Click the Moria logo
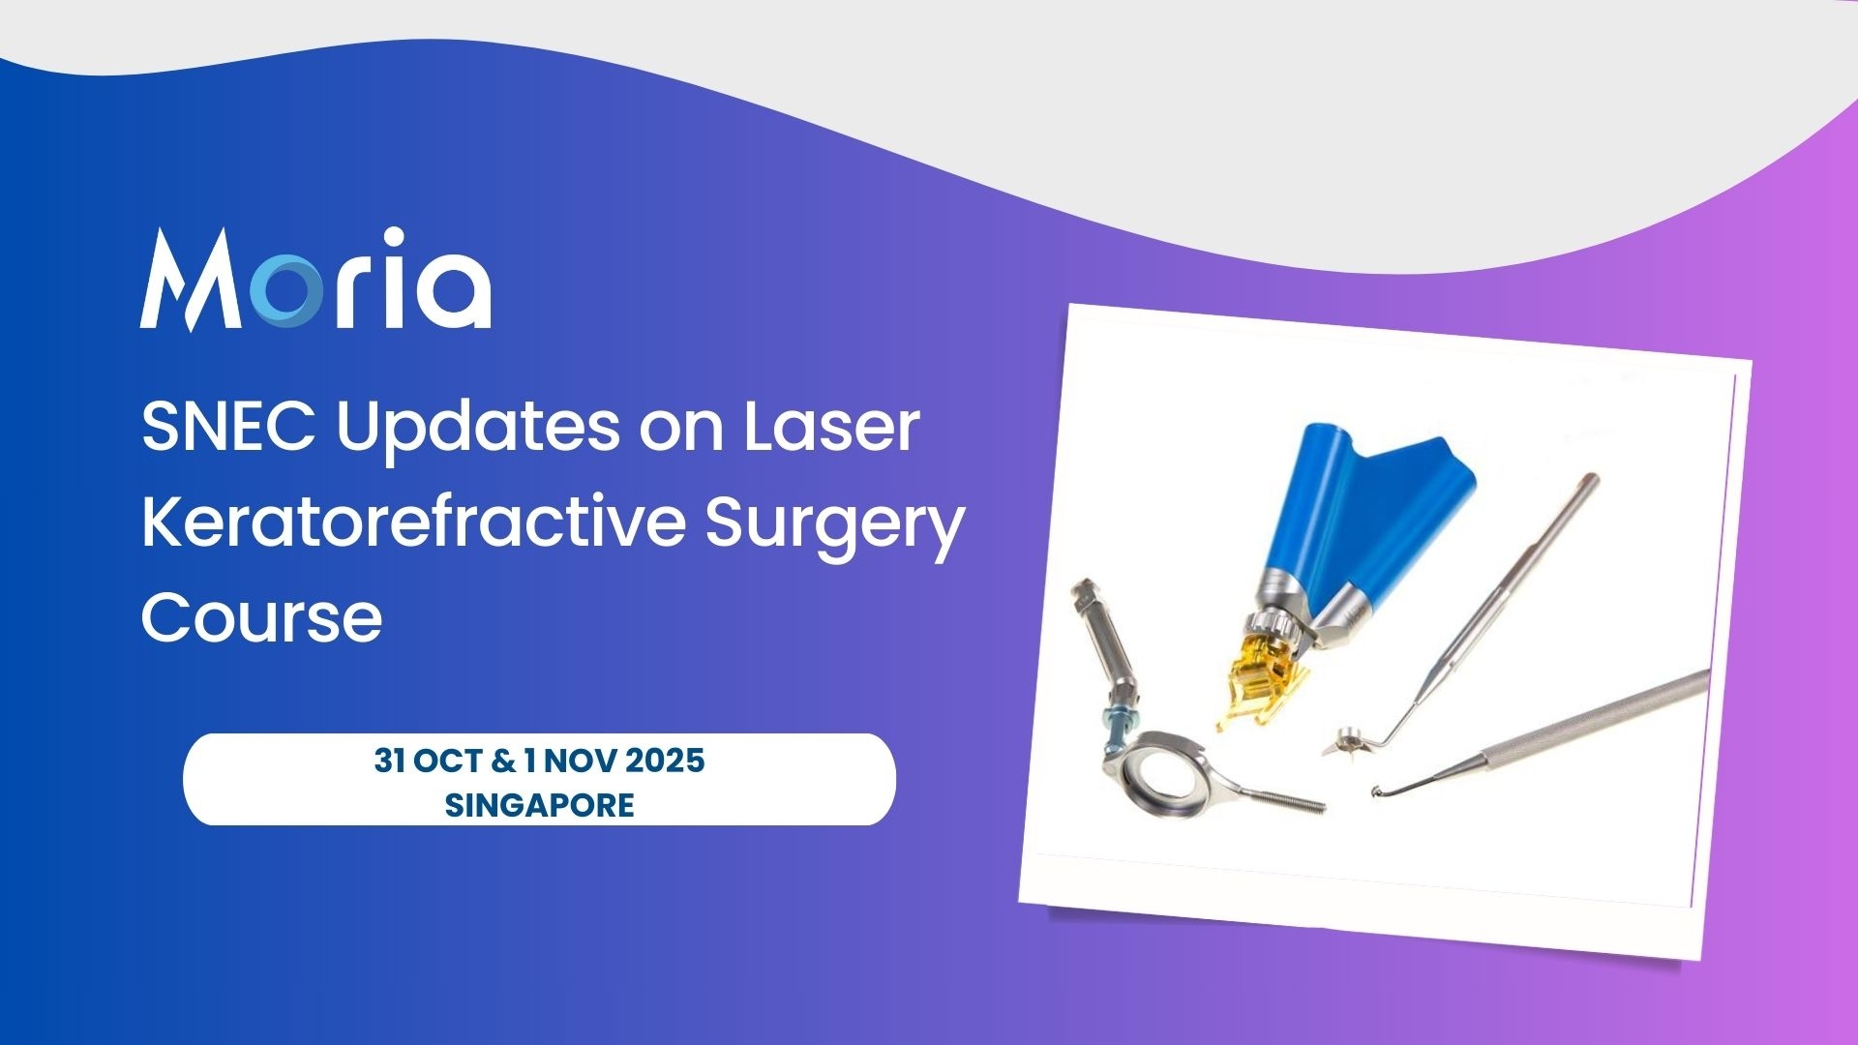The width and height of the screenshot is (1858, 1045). tap(315, 280)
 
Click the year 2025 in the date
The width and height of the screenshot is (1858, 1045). tap(666, 761)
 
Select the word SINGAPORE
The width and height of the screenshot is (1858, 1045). tap(539, 805)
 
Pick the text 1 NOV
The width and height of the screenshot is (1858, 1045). tap(569, 761)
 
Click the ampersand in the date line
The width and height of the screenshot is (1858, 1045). tap(502, 761)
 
